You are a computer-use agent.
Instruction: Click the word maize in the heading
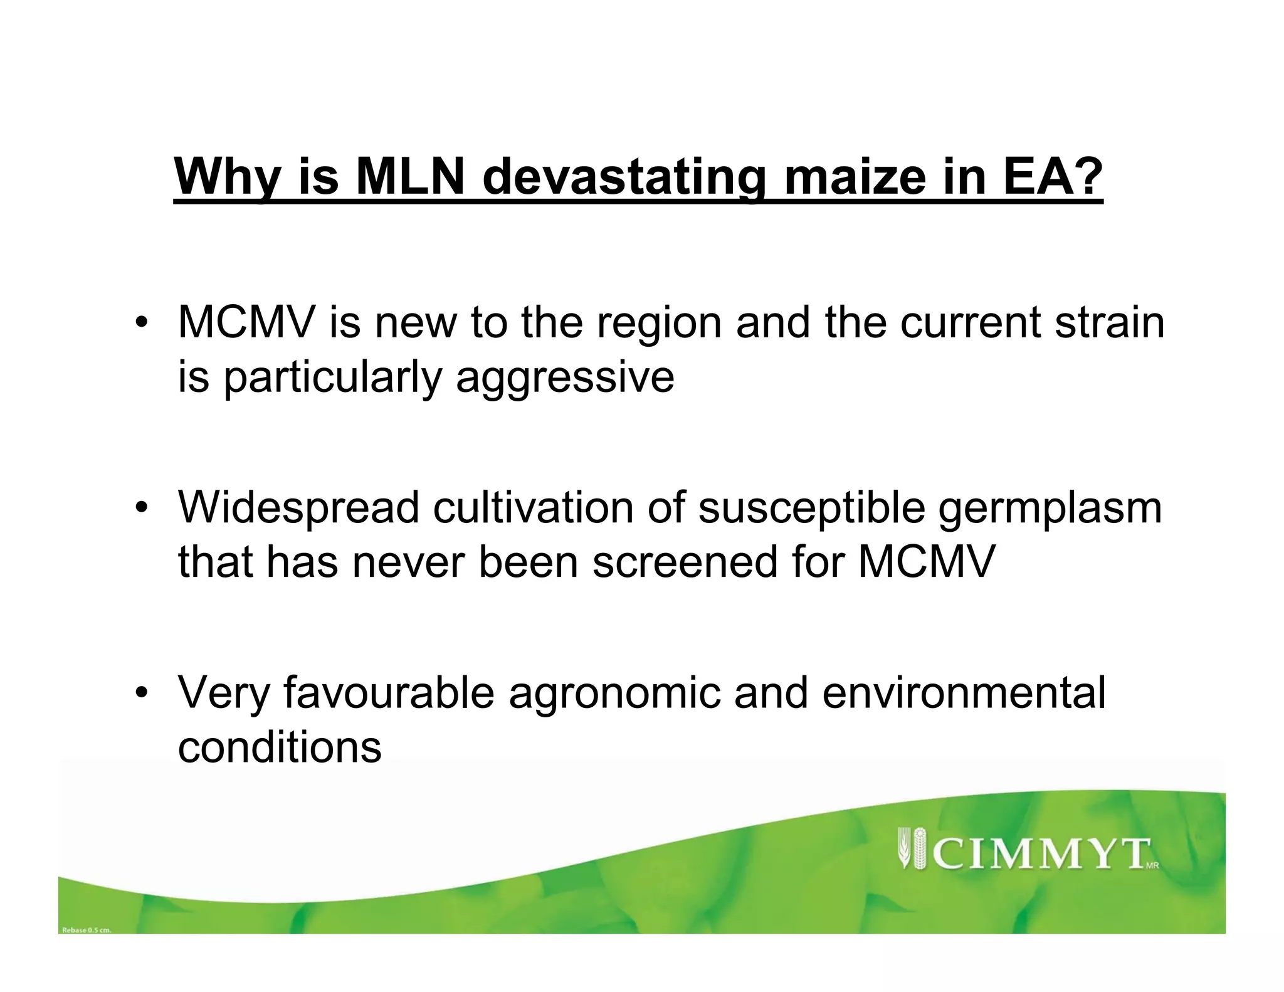(x=855, y=177)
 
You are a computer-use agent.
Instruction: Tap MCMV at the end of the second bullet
(x=926, y=561)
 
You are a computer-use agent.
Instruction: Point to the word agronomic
(x=614, y=694)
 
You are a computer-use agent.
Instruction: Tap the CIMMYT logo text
(x=1042, y=854)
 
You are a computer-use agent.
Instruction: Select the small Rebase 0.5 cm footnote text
(x=87, y=930)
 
